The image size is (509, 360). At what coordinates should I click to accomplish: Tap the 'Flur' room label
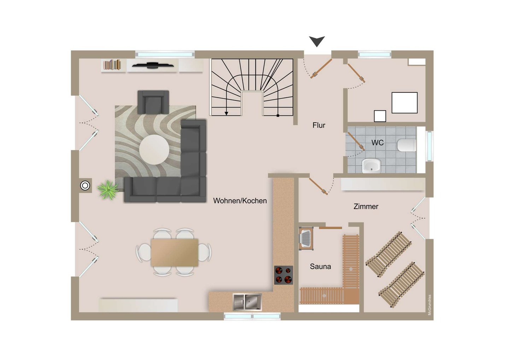coord(319,125)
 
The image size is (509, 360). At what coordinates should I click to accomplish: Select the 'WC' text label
coord(378,143)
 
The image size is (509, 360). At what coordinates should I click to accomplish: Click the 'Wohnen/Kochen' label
coord(240,201)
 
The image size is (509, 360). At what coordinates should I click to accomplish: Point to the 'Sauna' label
coord(320,266)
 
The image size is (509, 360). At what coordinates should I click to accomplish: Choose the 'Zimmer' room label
coord(366,207)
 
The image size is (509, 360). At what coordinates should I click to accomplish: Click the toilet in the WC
coord(407,145)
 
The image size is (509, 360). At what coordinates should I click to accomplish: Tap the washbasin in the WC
coord(371,166)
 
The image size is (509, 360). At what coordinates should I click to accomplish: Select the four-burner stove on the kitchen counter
coord(283,275)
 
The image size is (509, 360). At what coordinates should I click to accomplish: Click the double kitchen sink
coord(247,302)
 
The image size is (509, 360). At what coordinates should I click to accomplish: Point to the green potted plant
coord(108,190)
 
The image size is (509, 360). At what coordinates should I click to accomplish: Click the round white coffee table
coord(154,150)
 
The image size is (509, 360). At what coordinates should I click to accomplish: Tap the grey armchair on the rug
coord(153,102)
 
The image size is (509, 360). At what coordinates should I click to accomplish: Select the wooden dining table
coord(175,252)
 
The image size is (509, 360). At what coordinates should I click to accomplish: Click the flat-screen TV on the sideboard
coord(153,65)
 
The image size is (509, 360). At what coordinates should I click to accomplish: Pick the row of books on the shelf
coord(112,65)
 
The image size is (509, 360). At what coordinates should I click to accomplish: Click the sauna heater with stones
coord(306,239)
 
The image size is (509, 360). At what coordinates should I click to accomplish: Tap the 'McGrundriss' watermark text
coord(429,305)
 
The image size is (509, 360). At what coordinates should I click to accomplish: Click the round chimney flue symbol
coord(85,186)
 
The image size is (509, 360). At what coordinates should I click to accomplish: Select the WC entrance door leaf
coord(356,141)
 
